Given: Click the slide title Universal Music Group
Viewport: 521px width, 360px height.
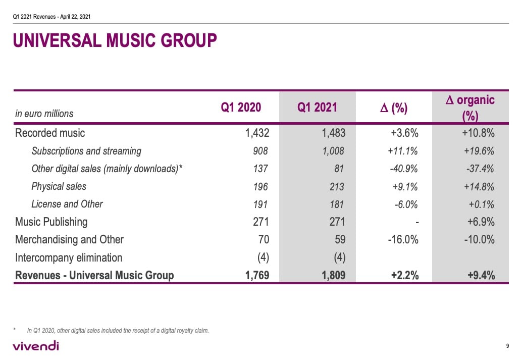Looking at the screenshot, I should coord(115,40).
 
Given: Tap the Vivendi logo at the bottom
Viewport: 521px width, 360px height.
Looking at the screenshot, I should coord(35,346).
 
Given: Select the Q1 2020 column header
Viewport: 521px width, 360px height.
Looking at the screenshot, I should coord(241,108).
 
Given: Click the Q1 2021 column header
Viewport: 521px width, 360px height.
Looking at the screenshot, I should coord(317,108).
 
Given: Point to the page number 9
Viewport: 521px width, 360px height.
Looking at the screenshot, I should coord(507,346).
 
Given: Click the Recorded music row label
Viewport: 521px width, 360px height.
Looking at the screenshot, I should coord(50,133).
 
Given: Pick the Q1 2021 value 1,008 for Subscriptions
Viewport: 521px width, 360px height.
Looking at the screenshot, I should coord(333,151).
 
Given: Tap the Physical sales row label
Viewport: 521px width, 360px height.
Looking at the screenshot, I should coord(59,186).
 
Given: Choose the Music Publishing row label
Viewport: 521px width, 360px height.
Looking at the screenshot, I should coord(51,222).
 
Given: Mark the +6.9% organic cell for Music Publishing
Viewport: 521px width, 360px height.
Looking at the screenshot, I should coord(480,222).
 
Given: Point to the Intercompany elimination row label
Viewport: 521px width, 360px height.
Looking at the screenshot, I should coord(69,258).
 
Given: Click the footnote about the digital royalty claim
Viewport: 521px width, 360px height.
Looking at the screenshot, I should coord(118,331).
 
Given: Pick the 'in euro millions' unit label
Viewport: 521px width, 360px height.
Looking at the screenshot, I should coord(44,114).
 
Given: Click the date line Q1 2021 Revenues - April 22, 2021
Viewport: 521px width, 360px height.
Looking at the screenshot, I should coord(51,17).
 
